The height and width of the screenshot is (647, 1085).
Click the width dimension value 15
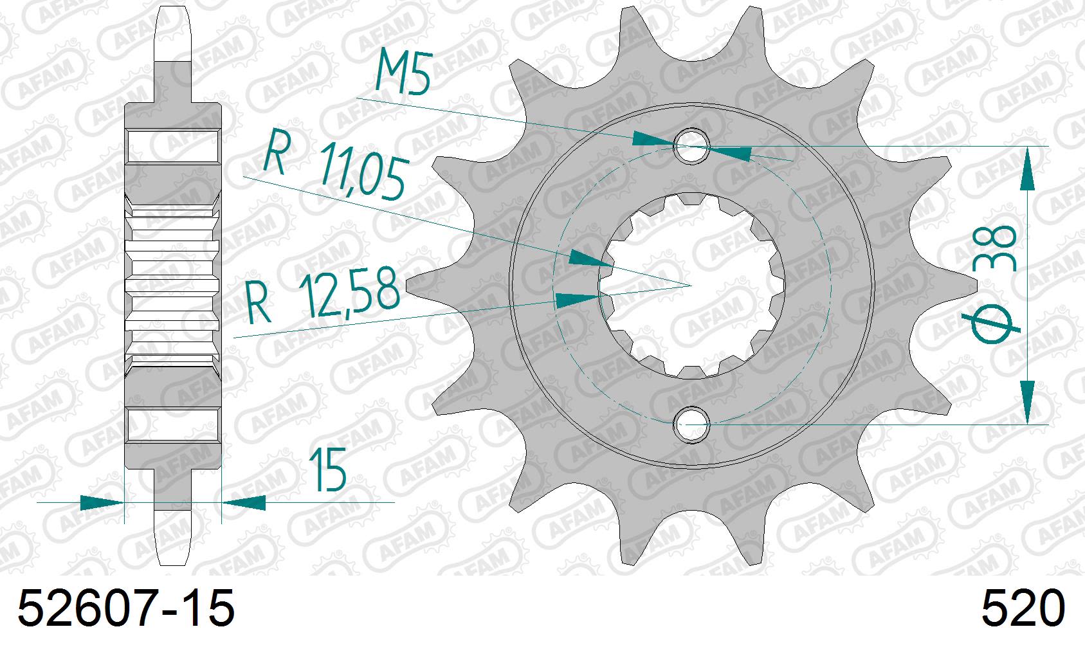click(327, 470)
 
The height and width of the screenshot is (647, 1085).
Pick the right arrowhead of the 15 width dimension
click(244, 502)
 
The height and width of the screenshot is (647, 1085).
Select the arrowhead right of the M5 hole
click(730, 153)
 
